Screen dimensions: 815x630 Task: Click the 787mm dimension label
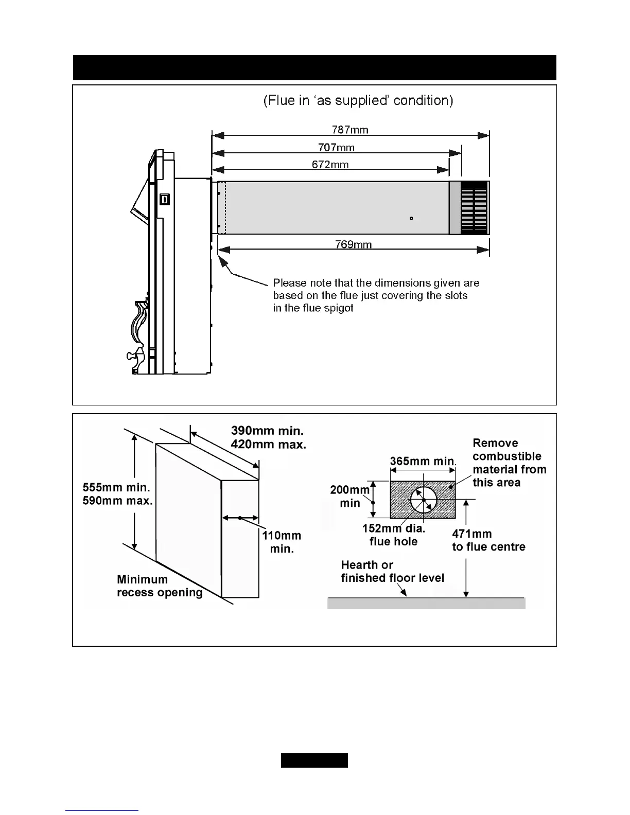coord(350,130)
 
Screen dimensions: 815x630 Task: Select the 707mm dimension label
coord(336,148)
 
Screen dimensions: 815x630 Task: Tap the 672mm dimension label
coord(330,165)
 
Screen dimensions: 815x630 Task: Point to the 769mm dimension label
coord(353,244)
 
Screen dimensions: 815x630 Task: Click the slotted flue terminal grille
coord(474,208)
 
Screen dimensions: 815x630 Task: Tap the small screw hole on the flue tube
coord(411,219)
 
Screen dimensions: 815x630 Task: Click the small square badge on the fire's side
coord(164,199)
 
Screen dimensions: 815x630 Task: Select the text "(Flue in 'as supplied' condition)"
coord(358,100)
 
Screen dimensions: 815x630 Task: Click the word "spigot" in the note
coord(338,309)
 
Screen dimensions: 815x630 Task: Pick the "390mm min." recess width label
coord(267,431)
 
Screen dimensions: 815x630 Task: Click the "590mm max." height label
coord(117,501)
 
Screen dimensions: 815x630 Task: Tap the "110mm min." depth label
coord(281,542)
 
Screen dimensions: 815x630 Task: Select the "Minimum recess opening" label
coord(160,586)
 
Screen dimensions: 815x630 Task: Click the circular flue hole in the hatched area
coord(424,500)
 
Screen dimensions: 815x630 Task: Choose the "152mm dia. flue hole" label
coord(394,535)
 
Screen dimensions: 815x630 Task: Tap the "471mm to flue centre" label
coord(488,540)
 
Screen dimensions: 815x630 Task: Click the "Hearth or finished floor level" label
coord(392,572)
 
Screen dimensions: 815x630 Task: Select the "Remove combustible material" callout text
coord(509,463)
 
